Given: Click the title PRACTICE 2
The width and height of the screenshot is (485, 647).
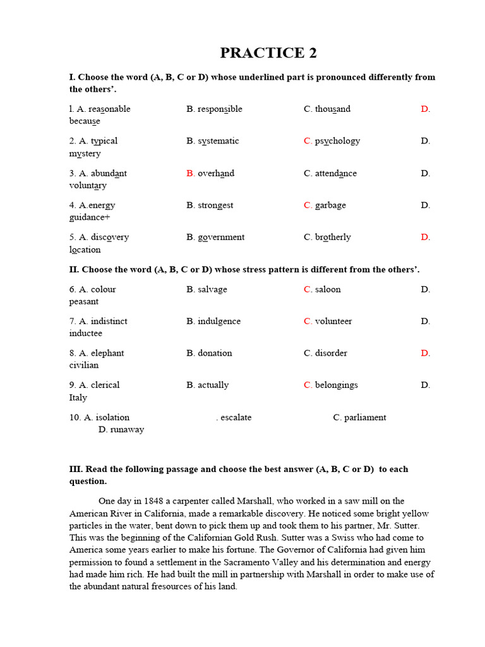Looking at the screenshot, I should [268, 53].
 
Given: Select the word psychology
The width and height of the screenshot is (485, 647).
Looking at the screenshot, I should [337, 141].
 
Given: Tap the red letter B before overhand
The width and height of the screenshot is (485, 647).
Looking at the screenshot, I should [190, 173].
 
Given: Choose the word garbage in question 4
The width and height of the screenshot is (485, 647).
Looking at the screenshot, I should [330, 205].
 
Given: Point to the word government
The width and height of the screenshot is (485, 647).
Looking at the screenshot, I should [221, 237].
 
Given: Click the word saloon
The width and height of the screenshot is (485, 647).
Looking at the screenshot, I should [328, 289].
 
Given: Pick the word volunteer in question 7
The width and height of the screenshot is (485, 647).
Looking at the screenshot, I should [333, 321].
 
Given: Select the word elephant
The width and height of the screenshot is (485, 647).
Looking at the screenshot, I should [107, 353].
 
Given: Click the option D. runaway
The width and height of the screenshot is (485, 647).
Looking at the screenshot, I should [121, 430].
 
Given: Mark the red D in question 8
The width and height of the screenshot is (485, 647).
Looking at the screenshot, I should [425, 353].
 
